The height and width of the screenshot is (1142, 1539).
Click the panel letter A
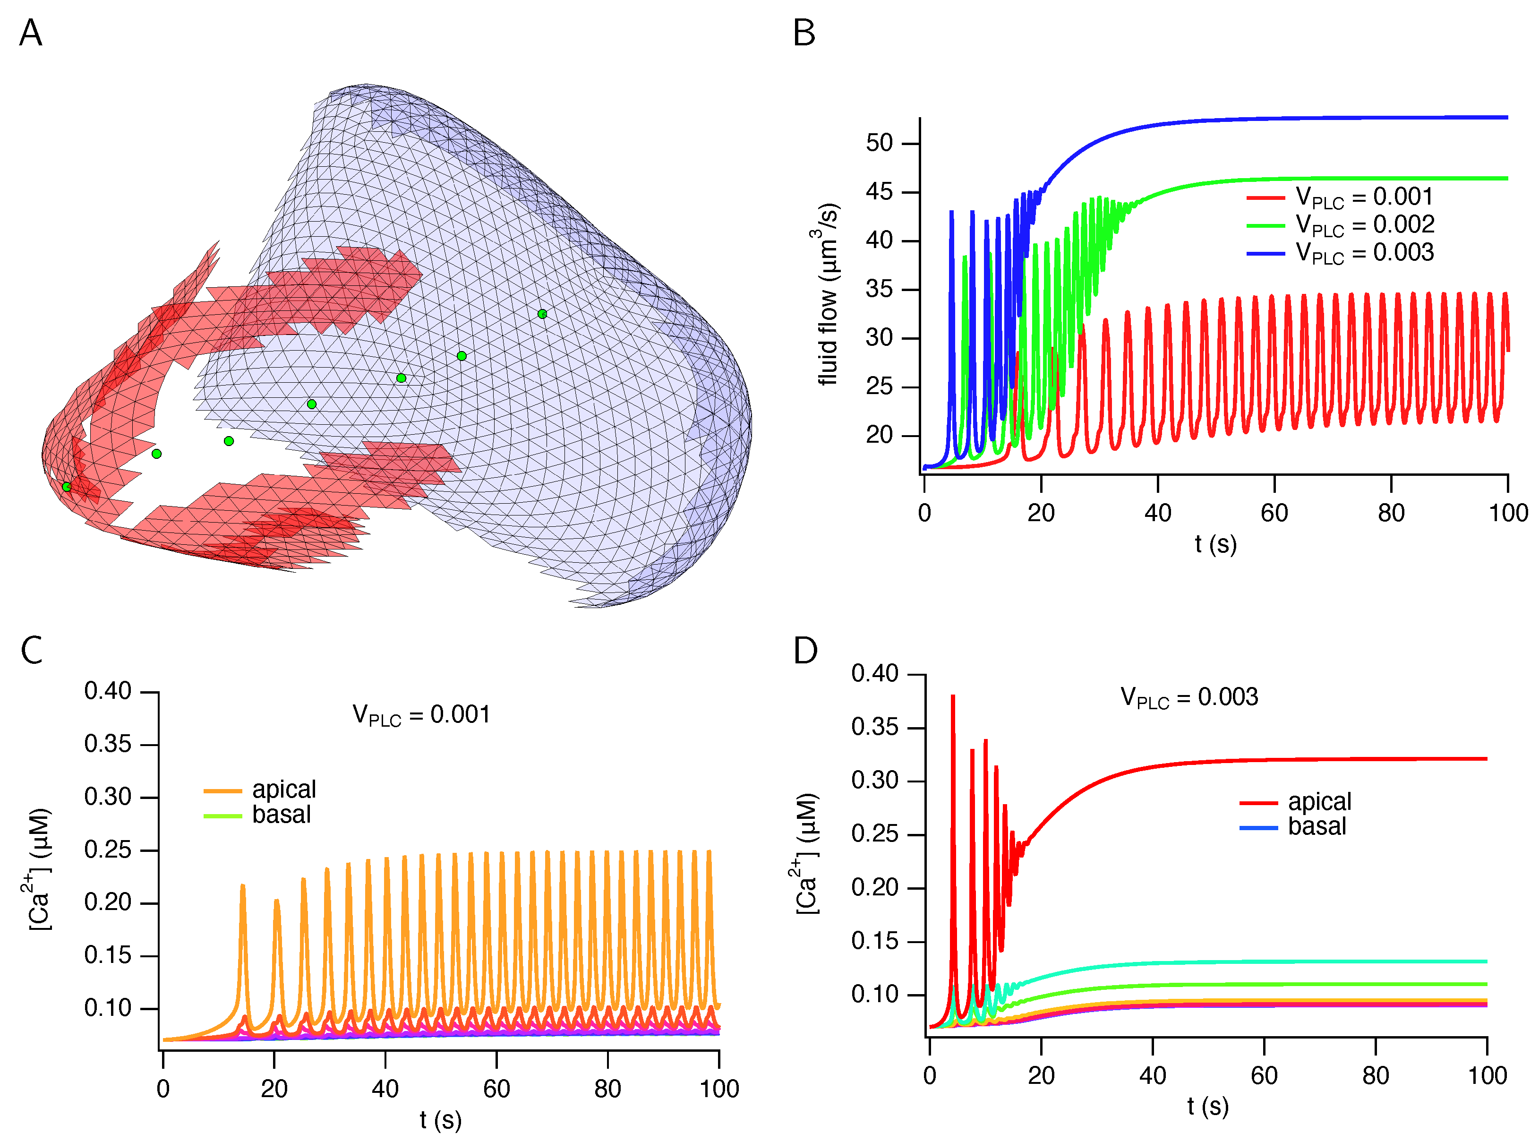(30, 33)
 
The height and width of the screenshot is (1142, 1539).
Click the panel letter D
(804, 651)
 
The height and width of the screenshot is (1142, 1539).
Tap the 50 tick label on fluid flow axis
(879, 143)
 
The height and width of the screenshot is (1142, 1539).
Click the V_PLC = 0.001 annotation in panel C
(421, 715)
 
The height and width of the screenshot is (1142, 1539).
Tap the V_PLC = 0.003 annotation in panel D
(1188, 697)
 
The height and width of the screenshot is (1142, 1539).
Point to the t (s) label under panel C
(440, 1120)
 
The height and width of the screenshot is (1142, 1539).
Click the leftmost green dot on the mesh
(66, 487)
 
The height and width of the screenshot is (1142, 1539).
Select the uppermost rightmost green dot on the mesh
(542, 314)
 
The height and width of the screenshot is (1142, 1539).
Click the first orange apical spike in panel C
(242, 887)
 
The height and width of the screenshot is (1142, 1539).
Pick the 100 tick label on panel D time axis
(1487, 1076)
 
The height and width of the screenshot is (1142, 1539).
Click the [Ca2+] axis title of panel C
(39, 869)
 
